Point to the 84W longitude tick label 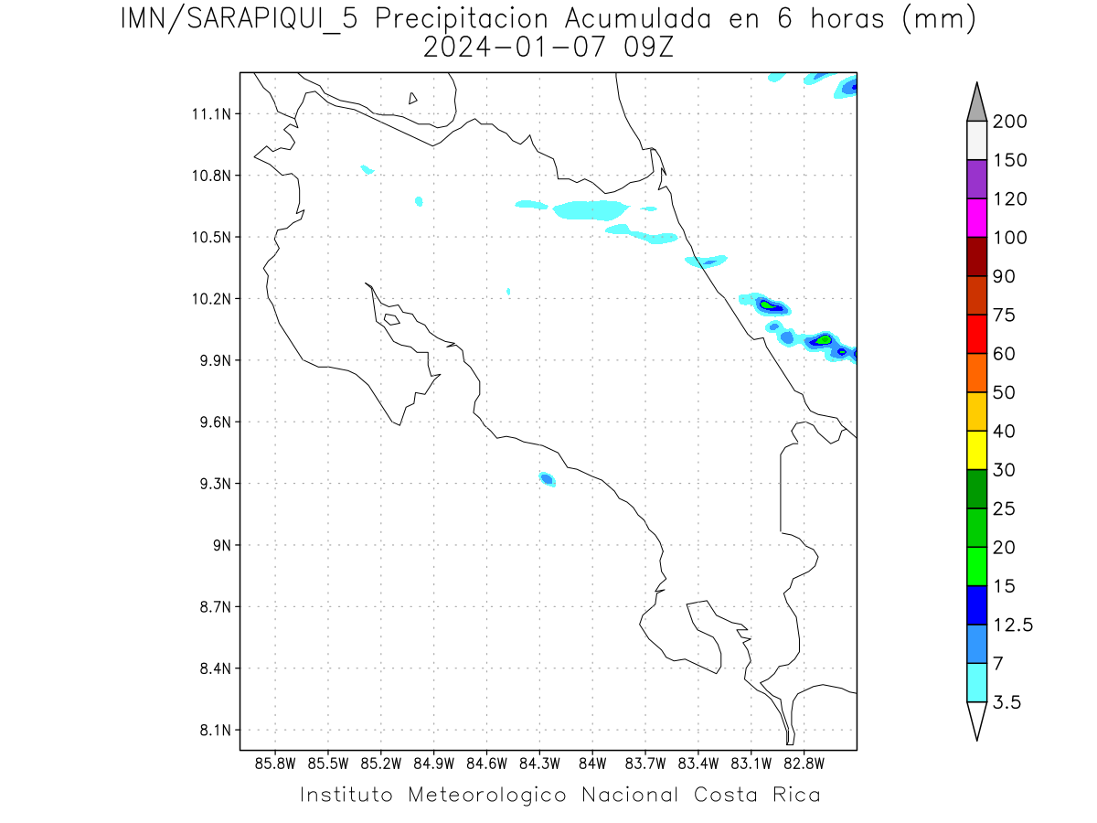coord(592,763)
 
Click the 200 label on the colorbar coord(1010,122)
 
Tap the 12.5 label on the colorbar coord(1014,625)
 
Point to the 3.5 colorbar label coord(1008,702)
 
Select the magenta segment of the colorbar coord(976,219)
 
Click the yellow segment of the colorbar coord(976,450)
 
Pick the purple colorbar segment coord(976,179)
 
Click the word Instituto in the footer coord(346,795)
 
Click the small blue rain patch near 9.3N coord(547,478)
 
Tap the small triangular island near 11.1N coord(413,99)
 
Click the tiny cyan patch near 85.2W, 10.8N coord(367,169)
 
